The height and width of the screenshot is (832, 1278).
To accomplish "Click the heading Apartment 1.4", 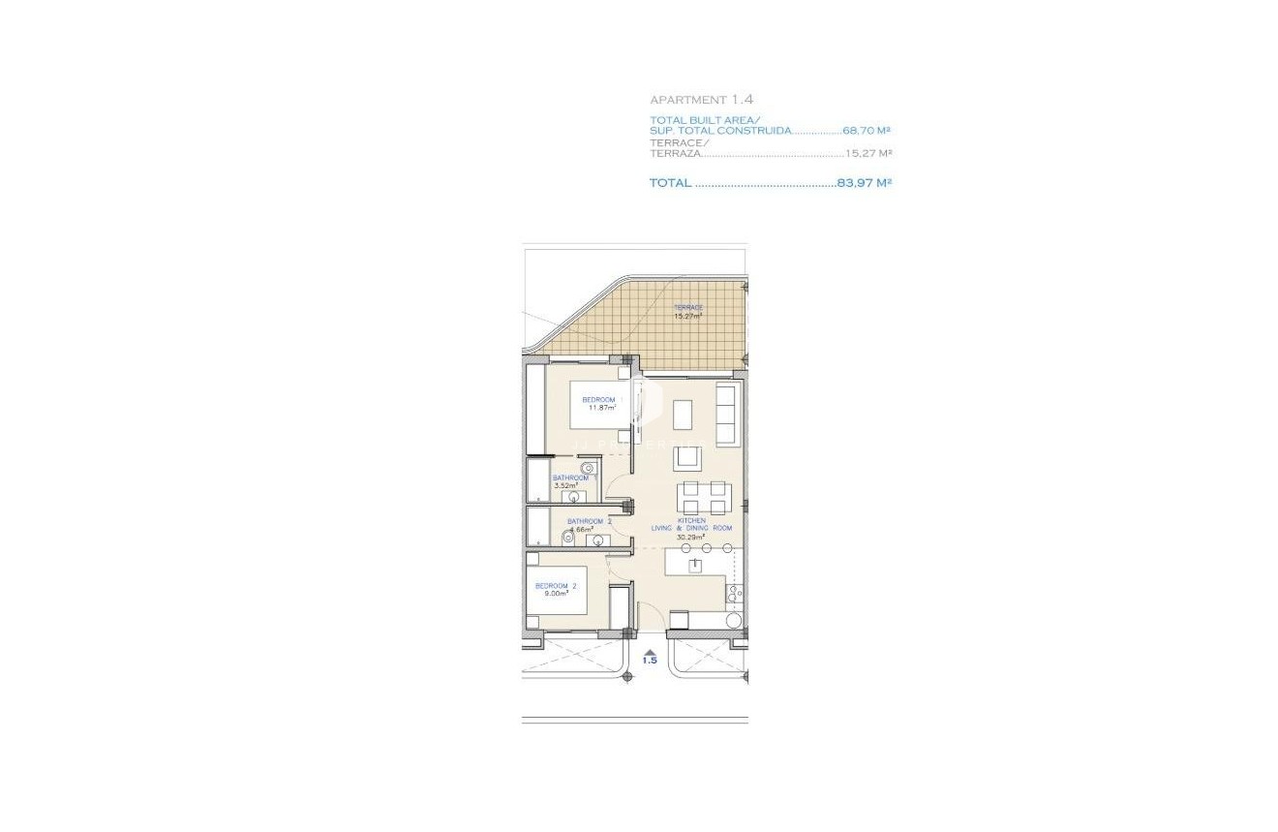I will pos(701,100).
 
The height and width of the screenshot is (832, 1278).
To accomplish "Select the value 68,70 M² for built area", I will pos(867,131).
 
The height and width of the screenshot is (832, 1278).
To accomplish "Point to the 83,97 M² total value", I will pos(864,183).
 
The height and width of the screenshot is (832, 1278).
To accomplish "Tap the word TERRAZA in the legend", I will pos(674,153).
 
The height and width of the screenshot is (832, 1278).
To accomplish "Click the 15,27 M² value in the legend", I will pos(867,153).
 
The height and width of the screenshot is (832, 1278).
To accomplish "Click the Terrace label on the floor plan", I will pos(687,308).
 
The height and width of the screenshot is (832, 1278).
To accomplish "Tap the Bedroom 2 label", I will pos(556,586).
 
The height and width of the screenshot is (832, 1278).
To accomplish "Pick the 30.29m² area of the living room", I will pos(690,537).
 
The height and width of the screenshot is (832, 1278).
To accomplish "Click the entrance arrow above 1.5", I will pos(650,652).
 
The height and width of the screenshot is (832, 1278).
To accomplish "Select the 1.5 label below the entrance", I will pos(650,662).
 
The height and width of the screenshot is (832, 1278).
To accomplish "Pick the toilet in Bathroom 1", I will pos(587,469).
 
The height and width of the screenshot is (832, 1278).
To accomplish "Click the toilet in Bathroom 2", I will pos(568,538).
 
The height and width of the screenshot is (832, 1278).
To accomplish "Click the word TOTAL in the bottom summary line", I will pos(670,183).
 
